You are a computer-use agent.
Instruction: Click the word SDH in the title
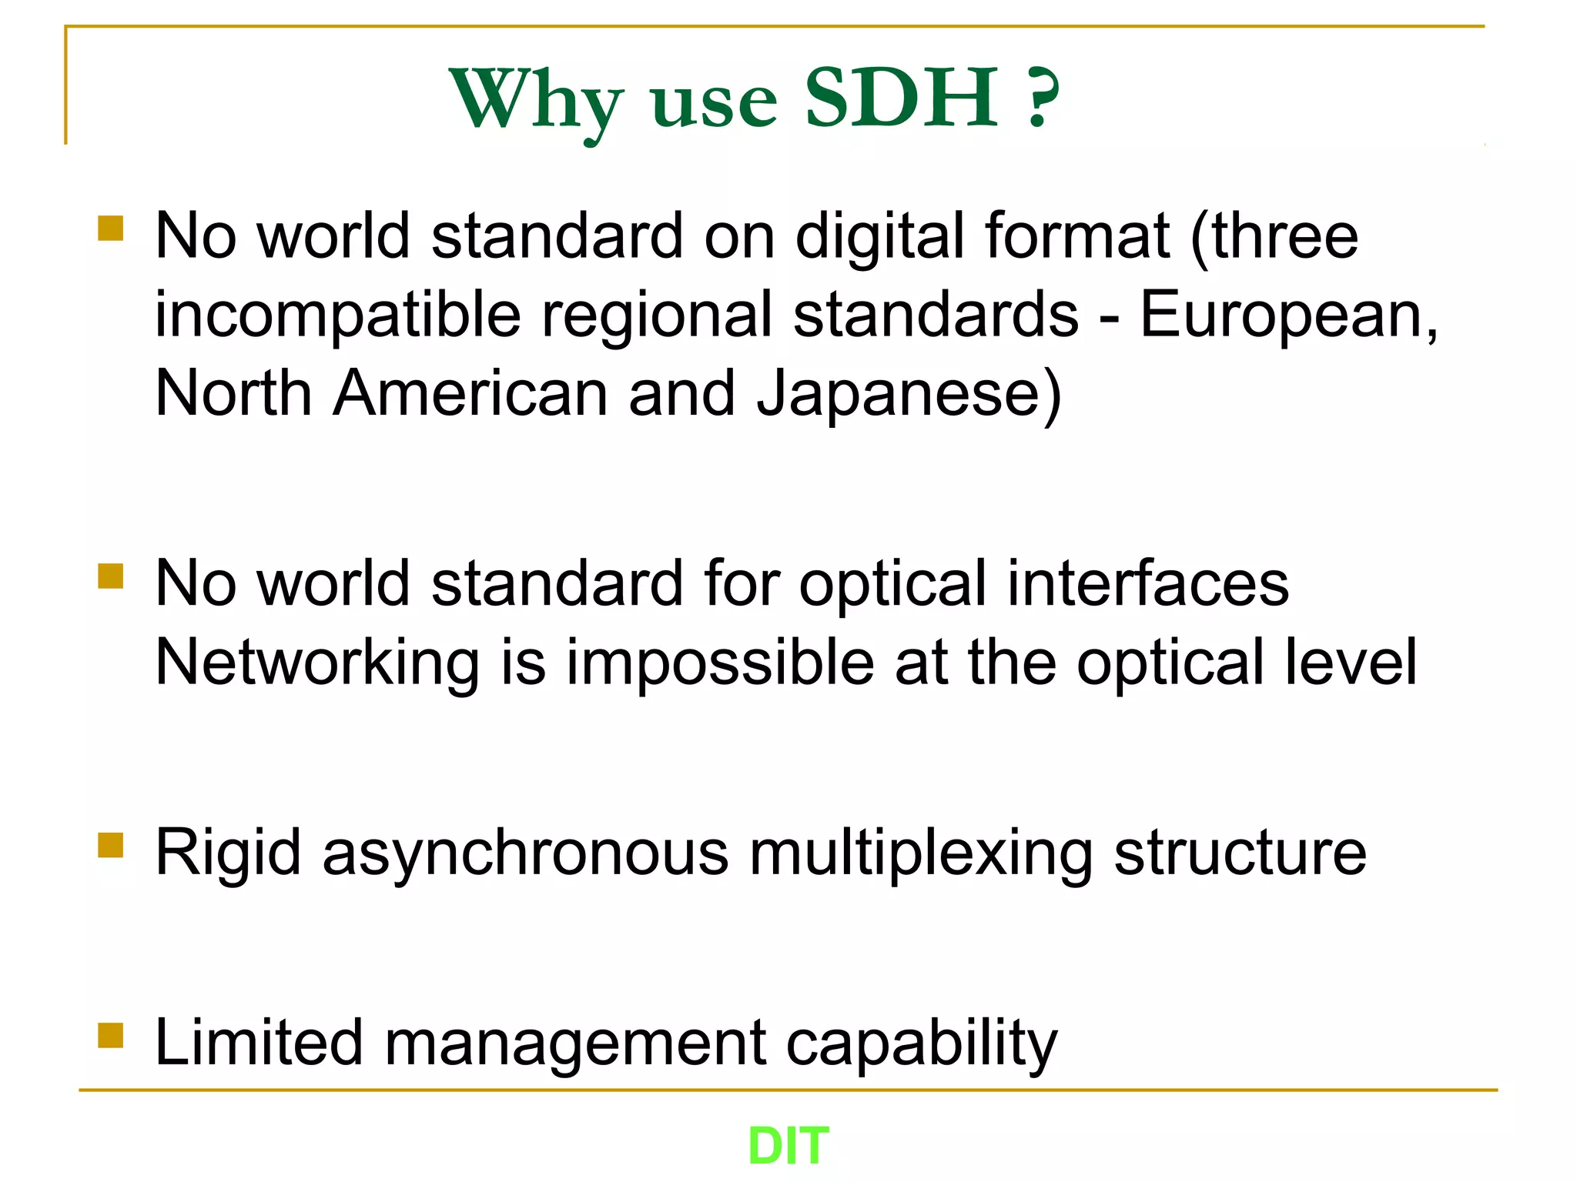(901, 98)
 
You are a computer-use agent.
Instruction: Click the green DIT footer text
(788, 1146)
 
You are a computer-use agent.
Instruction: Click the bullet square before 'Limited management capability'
(111, 1035)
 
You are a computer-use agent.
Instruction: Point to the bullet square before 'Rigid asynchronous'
(111, 844)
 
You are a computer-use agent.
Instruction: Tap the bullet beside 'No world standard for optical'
(111, 576)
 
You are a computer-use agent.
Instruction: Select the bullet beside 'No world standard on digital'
(111, 229)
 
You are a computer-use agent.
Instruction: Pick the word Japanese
(908, 394)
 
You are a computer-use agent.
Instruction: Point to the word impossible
(720, 663)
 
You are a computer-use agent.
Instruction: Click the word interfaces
(1147, 583)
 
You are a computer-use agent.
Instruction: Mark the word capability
(922, 1044)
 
